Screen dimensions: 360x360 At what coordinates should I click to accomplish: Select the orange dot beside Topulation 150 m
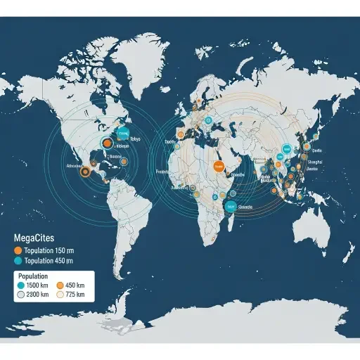click(x=18, y=250)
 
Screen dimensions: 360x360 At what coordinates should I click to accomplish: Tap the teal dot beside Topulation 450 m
click(x=18, y=260)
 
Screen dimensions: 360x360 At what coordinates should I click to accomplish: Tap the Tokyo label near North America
click(x=135, y=139)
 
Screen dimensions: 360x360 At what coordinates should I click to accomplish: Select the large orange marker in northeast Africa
click(x=218, y=167)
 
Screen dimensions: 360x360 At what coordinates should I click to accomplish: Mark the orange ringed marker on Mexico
click(x=85, y=171)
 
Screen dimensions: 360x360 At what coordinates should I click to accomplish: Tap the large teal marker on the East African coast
click(x=229, y=206)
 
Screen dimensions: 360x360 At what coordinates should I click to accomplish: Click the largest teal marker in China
click(x=286, y=150)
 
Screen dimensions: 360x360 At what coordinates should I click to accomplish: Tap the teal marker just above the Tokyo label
click(x=124, y=131)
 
